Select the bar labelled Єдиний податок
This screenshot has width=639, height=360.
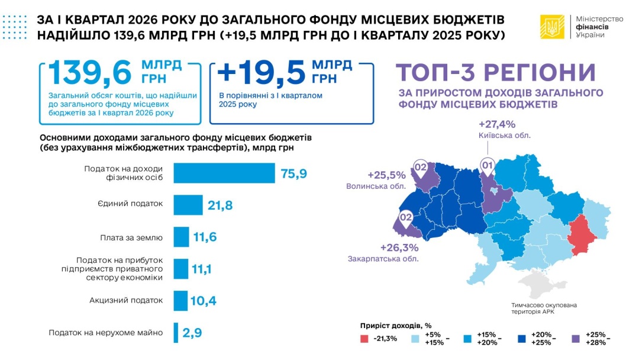[188, 205]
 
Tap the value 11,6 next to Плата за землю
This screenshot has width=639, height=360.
[205, 237]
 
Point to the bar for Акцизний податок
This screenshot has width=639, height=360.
[180, 301]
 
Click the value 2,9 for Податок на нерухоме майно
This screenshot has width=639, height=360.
[192, 333]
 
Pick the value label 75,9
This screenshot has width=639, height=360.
[293, 173]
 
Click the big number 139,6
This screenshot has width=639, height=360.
[89, 73]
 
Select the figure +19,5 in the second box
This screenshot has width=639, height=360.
[261, 73]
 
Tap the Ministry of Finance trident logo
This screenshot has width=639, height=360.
[551, 27]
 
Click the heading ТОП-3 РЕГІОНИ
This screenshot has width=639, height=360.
[496, 72]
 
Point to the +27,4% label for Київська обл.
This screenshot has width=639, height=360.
[497, 124]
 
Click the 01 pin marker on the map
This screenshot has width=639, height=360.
[488, 166]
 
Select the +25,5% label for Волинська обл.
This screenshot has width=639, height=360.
[386, 175]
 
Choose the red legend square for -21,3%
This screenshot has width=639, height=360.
[364, 338]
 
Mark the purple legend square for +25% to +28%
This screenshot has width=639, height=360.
[575, 338]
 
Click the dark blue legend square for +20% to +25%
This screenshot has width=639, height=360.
[522, 338]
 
